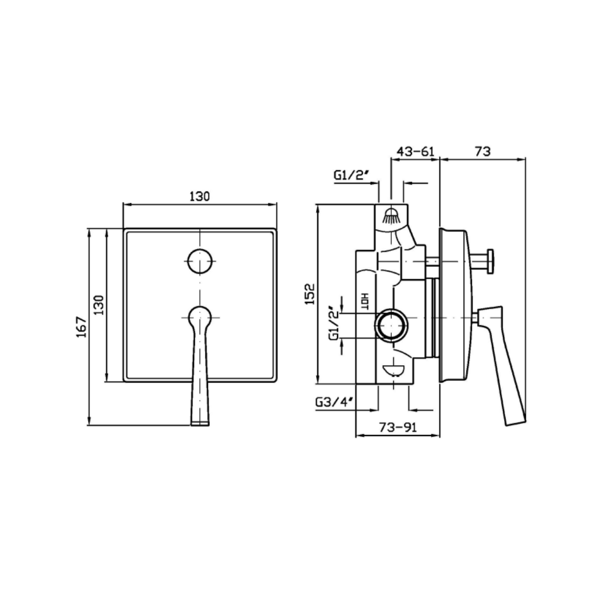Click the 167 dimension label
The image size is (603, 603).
click(81, 327)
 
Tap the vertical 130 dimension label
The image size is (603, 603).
click(99, 305)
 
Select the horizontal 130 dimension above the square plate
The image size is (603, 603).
click(200, 196)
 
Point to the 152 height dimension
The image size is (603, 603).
click(310, 294)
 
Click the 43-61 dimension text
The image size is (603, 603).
click(415, 151)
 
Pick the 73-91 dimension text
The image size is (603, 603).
click(398, 427)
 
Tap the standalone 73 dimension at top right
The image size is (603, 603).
click(483, 151)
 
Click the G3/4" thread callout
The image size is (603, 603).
click(336, 402)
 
